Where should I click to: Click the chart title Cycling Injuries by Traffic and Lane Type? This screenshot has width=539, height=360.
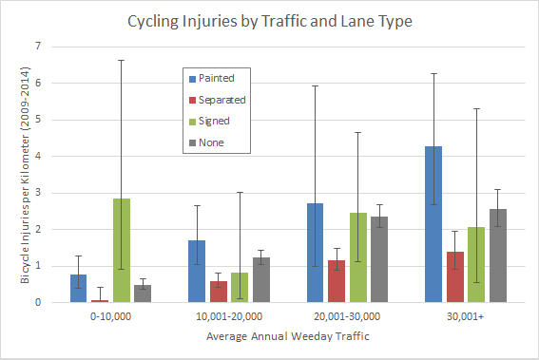[x=270, y=21]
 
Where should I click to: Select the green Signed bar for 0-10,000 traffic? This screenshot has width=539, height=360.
[x=122, y=251]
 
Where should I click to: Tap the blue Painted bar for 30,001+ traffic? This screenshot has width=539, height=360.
[x=433, y=224]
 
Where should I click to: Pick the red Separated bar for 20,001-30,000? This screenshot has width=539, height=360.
[x=337, y=281]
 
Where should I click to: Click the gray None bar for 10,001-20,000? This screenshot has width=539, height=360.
[x=261, y=280]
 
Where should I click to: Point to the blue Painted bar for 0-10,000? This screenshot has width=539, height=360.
[x=78, y=289]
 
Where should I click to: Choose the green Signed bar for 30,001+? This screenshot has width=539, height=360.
[x=476, y=264]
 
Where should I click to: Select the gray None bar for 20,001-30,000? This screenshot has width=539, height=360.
[x=379, y=259]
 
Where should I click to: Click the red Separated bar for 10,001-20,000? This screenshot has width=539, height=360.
[x=219, y=292]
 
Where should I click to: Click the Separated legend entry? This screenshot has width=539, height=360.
[x=218, y=100]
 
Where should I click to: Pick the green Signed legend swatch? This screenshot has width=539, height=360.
[x=192, y=122]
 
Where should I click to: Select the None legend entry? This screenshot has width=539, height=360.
[x=206, y=142]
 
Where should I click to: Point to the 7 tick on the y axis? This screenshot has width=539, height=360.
[x=38, y=46]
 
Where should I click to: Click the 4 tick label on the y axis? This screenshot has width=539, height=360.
[x=38, y=156]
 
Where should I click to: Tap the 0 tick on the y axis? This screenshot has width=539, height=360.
[x=38, y=302]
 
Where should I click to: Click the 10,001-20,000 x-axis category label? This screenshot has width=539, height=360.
[x=229, y=316]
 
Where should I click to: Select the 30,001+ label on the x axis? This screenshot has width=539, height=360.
[x=466, y=316]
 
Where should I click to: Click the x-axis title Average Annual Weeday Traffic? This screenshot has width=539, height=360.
[x=288, y=336]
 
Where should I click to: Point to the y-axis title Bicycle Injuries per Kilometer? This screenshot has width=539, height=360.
[x=25, y=175]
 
